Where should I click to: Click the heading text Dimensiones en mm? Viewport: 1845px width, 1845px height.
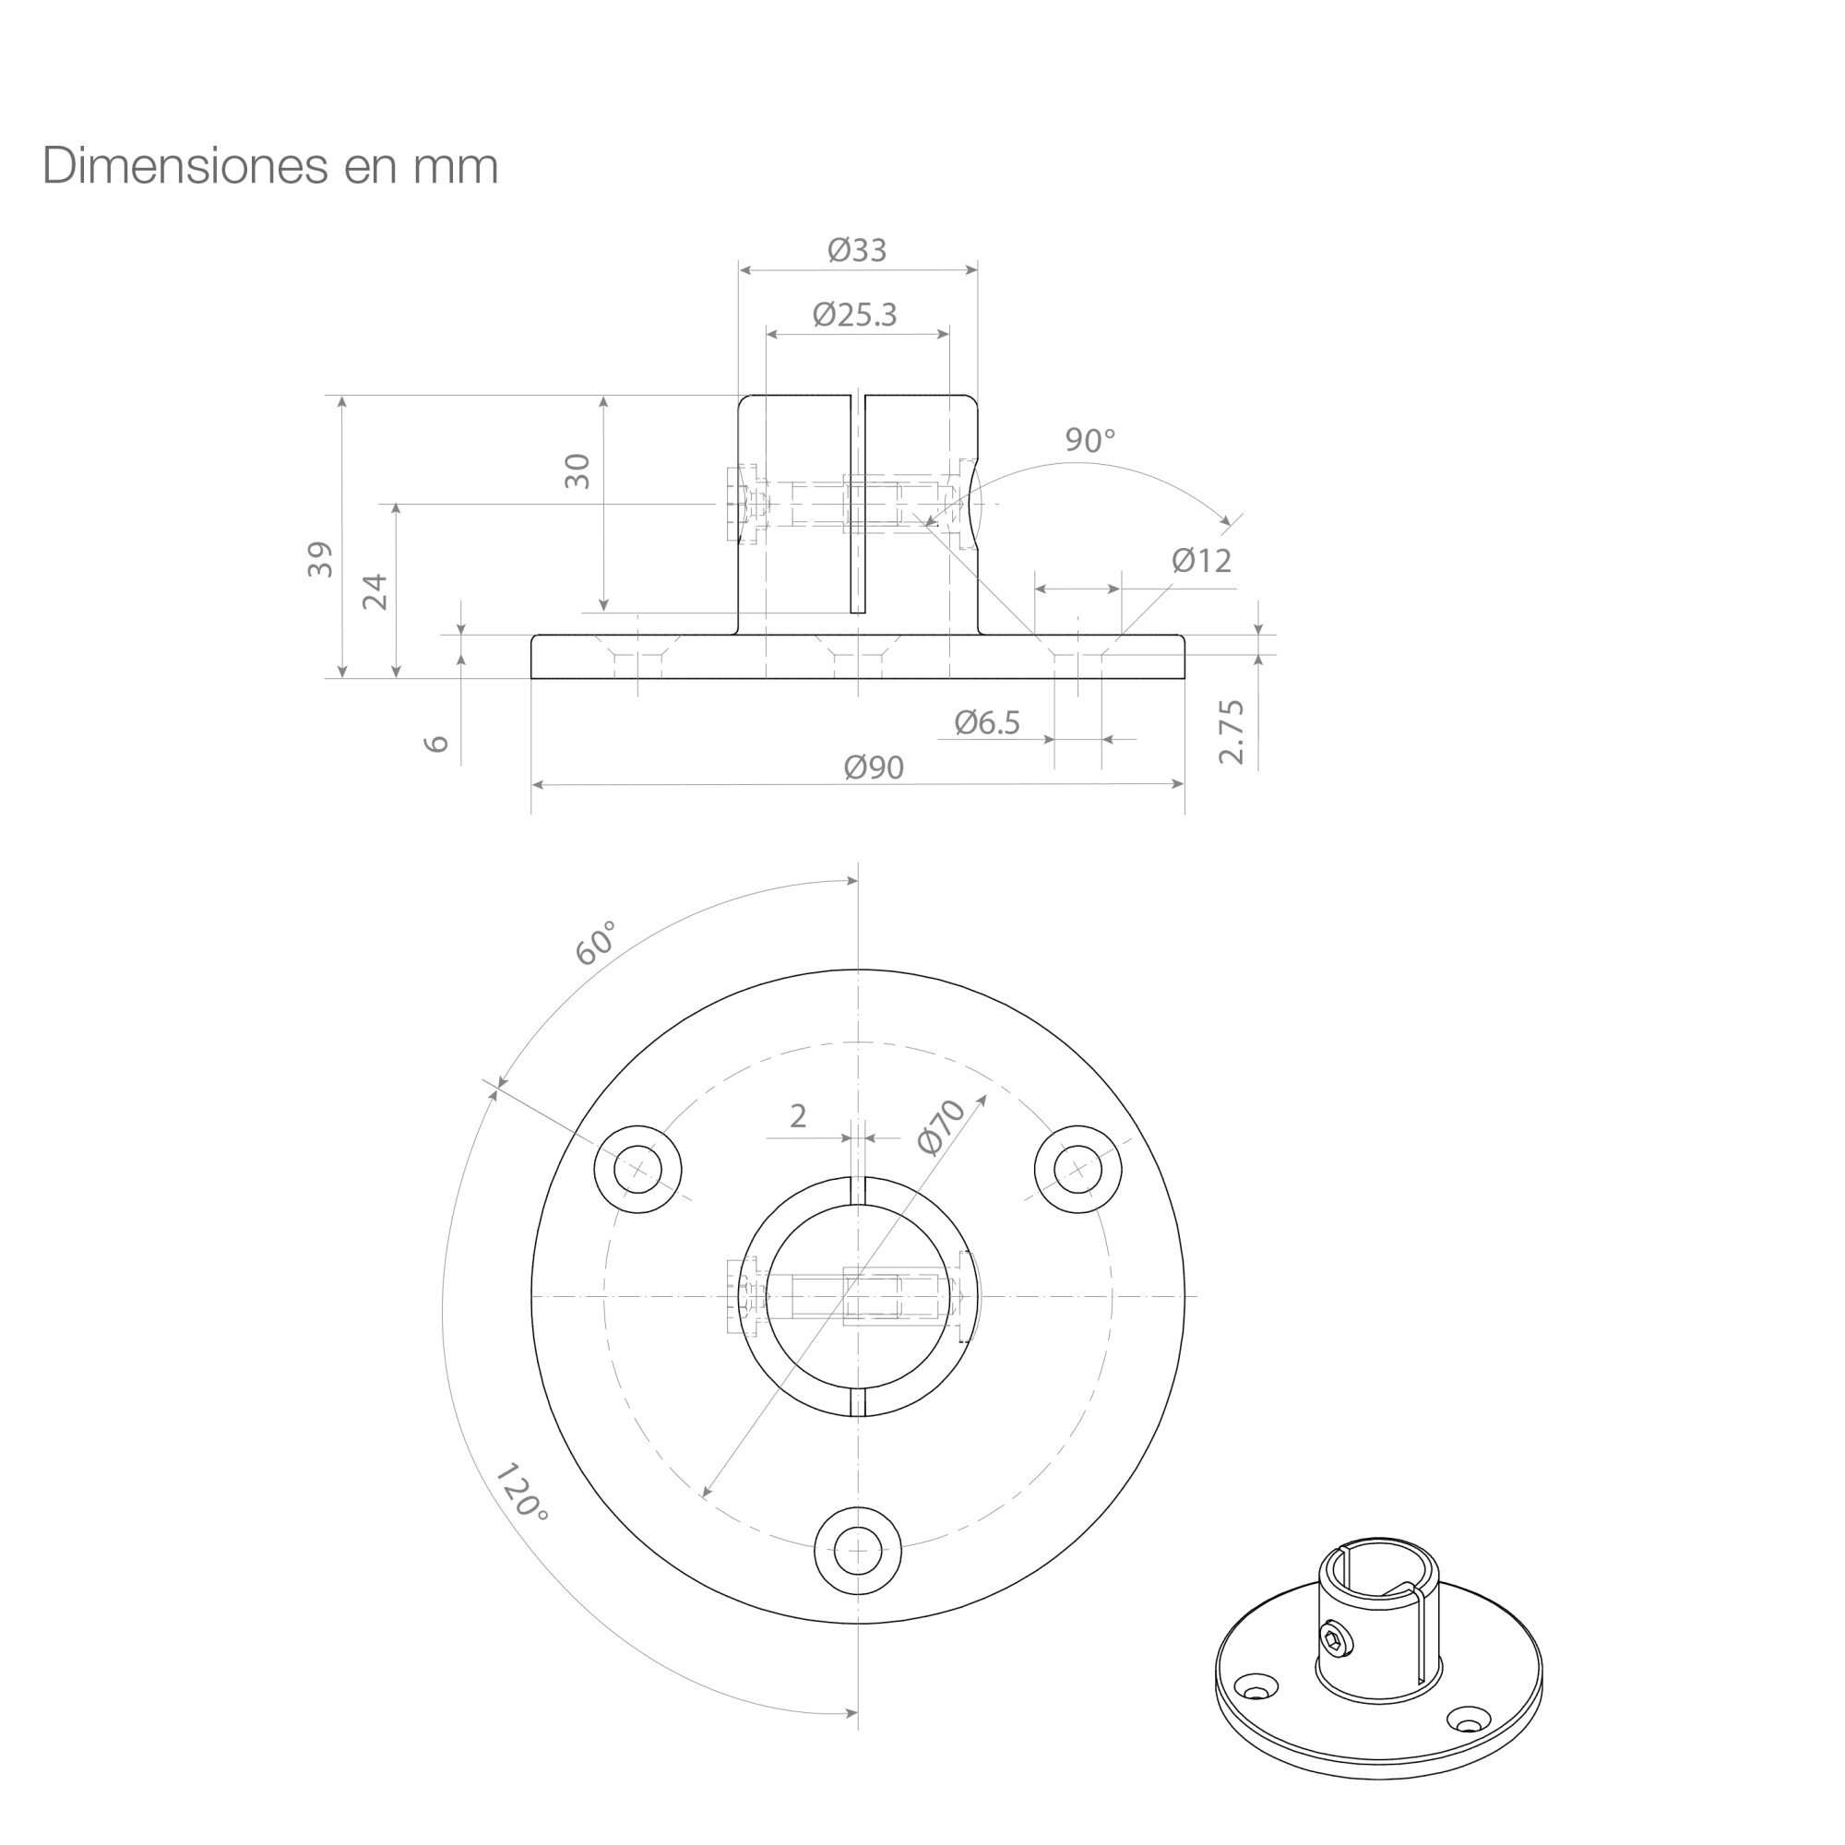270,166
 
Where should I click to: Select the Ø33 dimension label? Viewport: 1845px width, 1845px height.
858,250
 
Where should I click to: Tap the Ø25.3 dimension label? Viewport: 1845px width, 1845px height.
856,315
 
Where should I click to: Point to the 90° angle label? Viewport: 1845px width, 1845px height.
1090,440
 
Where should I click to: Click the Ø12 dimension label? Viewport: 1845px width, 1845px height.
1202,561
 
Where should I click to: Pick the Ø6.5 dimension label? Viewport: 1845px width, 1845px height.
987,723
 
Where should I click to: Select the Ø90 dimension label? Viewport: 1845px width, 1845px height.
874,767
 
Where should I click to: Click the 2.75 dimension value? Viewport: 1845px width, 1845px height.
1232,732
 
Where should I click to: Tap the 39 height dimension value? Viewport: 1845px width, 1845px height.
321,560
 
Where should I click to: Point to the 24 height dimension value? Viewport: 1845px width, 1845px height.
375,592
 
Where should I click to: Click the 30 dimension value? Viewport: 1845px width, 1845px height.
577,471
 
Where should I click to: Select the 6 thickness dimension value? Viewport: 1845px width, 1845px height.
435,743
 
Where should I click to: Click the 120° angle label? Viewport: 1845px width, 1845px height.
522,1493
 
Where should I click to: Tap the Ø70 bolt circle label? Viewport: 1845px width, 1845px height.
942,1127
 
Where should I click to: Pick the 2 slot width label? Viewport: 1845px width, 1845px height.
798,1115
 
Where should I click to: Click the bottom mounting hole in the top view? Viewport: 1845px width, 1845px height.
858,1551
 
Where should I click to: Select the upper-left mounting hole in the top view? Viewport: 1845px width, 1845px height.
638,1169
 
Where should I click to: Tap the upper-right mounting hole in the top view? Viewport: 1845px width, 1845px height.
1078,1169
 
